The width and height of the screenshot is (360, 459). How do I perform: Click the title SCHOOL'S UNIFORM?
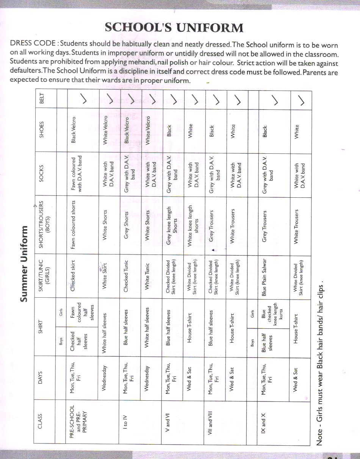174,28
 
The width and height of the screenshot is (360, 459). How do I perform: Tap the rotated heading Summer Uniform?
24,264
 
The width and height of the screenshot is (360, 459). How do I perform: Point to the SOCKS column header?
42,174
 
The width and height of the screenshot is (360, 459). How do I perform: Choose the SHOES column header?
42,130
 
